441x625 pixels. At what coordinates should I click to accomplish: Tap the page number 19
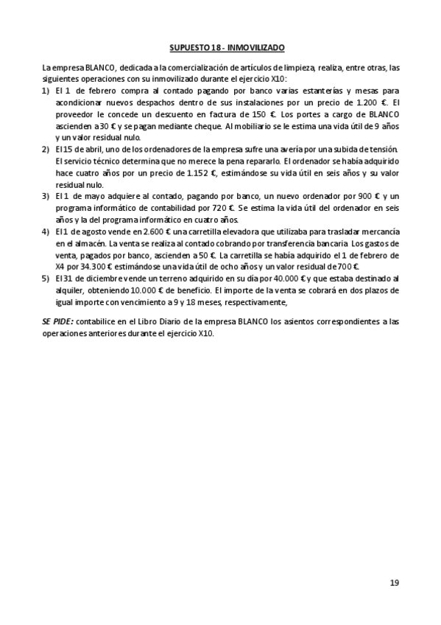pyautogui.click(x=395, y=583)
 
